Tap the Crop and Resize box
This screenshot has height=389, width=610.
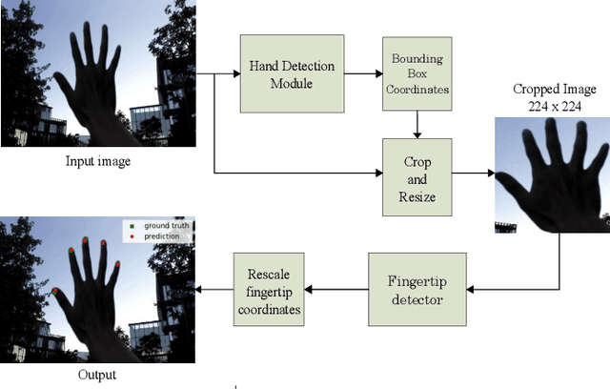click(x=416, y=173)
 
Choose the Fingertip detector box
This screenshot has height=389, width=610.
click(x=417, y=288)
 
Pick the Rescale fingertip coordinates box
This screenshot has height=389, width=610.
click(x=269, y=288)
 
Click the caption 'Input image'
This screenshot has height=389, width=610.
click(x=97, y=161)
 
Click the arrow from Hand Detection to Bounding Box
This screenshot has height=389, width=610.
click(x=363, y=74)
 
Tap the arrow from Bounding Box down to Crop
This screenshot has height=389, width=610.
click(x=416, y=124)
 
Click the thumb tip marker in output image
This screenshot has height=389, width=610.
click(x=56, y=292)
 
